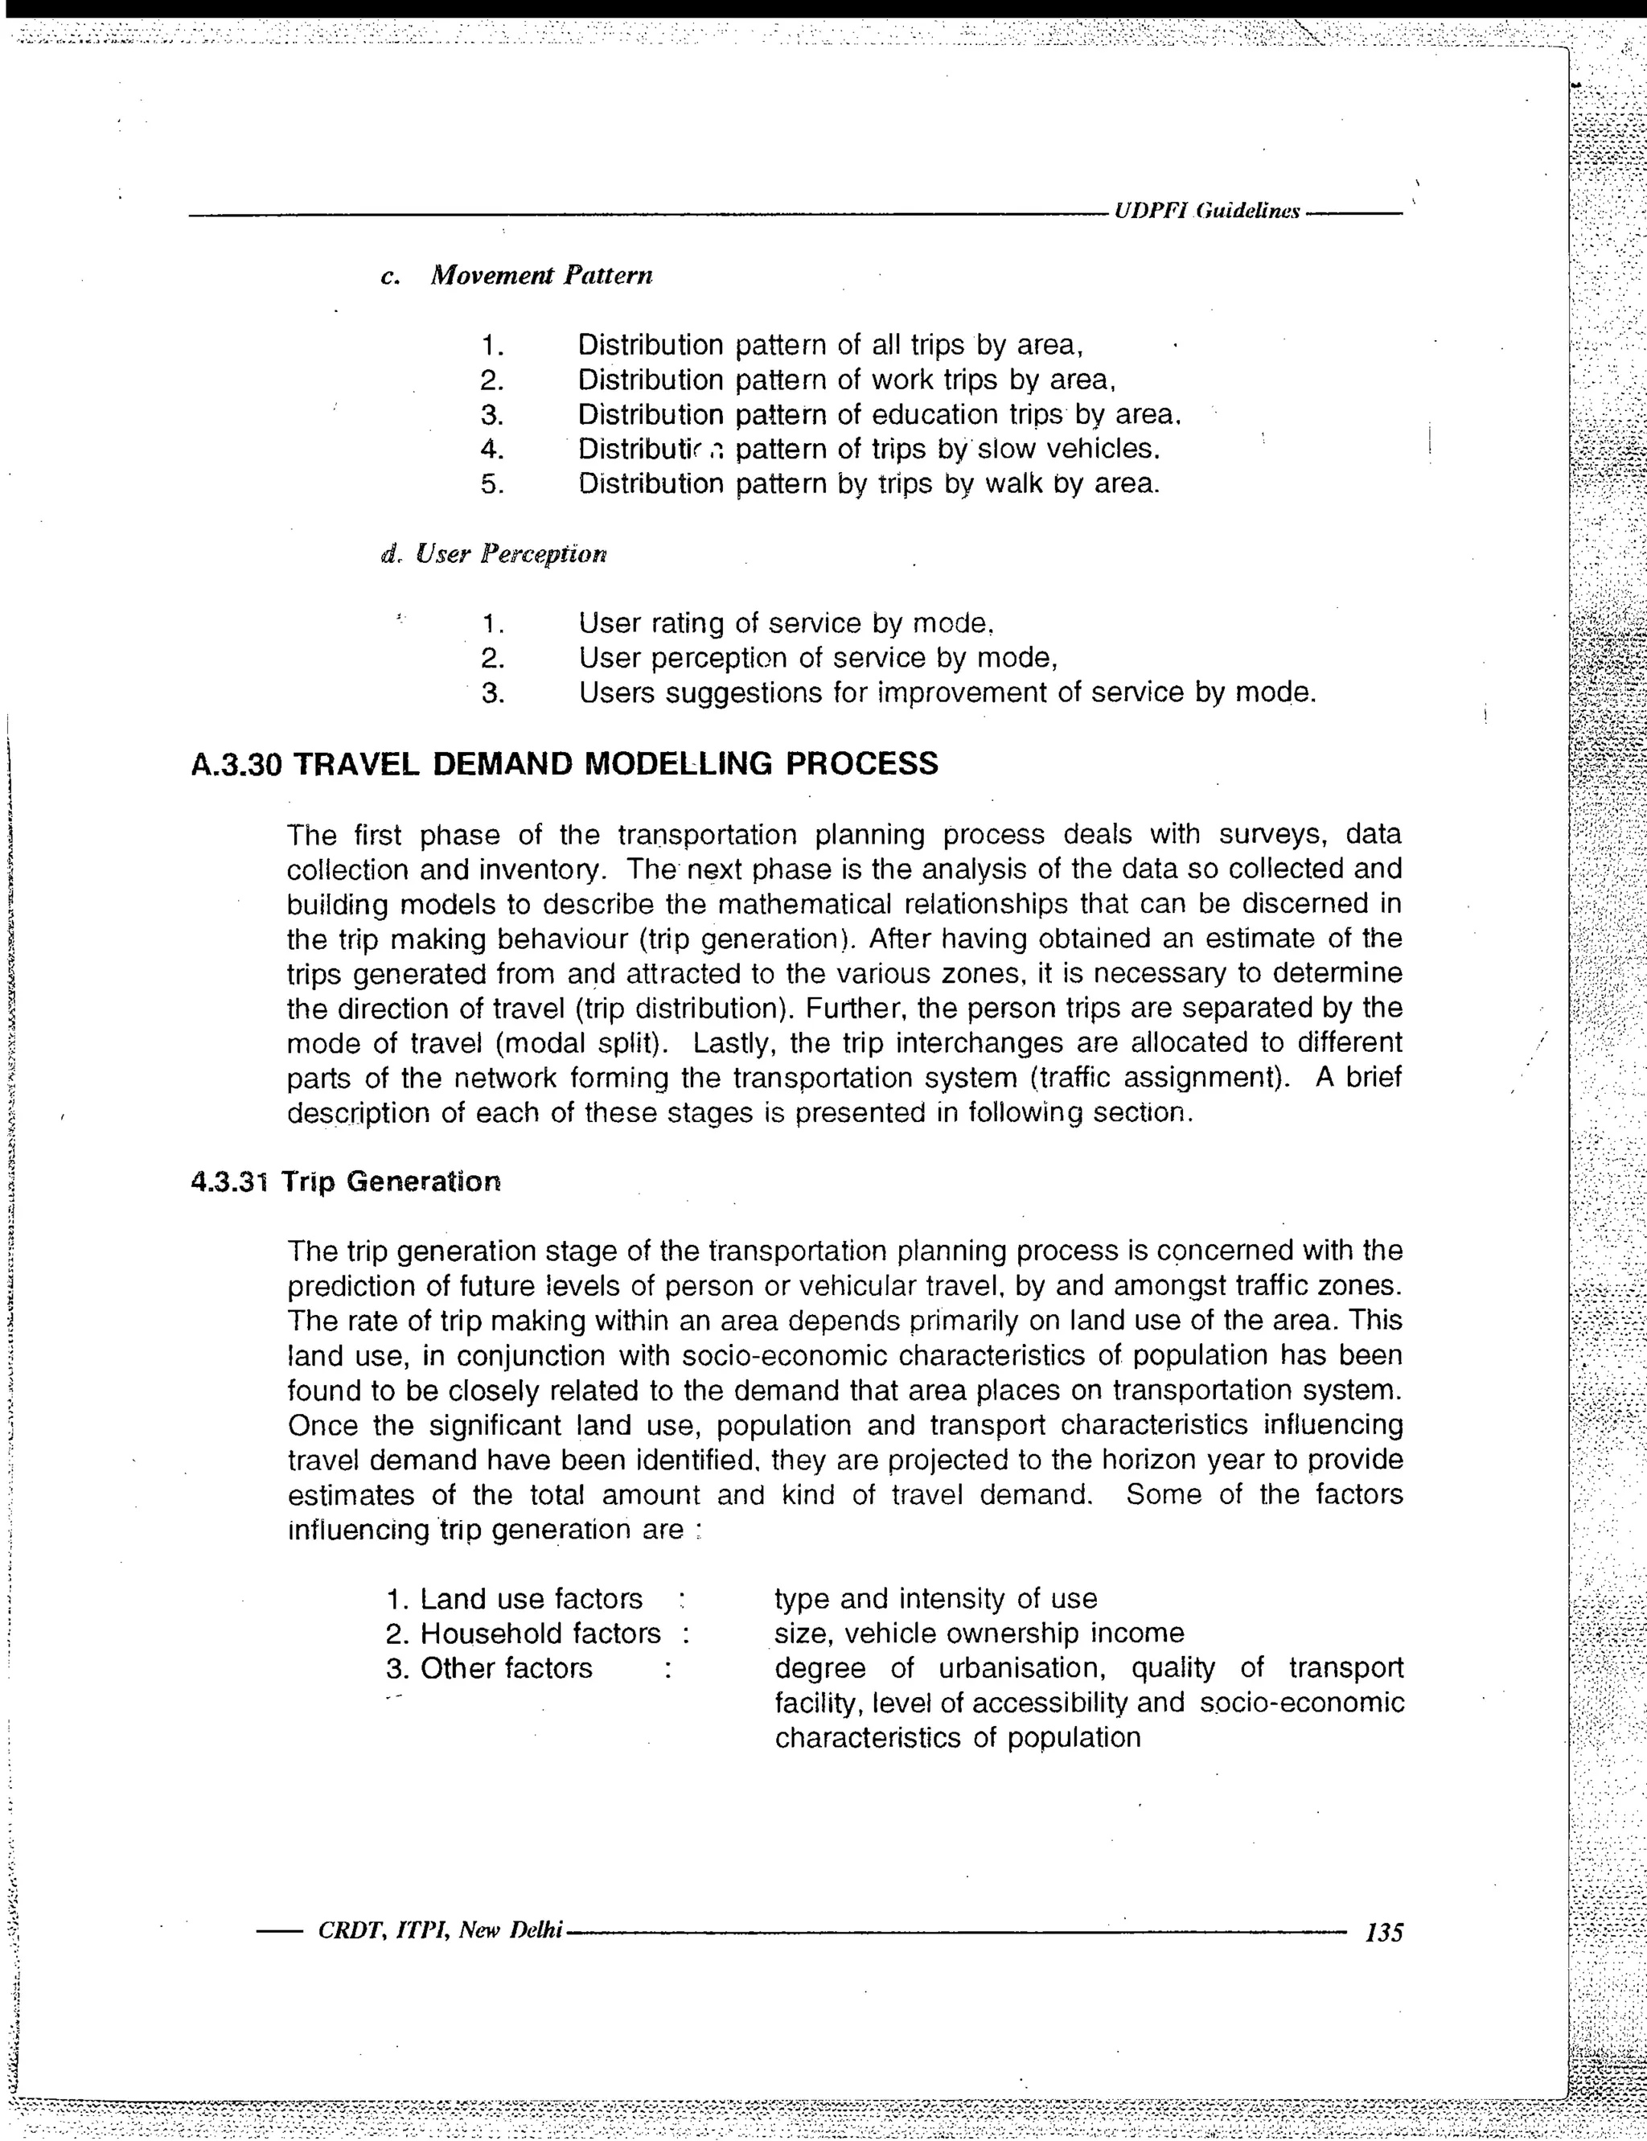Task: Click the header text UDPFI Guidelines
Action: [1207, 211]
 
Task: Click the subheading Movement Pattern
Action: [541, 276]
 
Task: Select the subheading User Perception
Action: [511, 555]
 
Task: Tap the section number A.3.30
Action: [237, 763]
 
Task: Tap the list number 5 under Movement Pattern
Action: [492, 484]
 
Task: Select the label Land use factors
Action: [531, 1599]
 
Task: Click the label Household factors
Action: [540, 1633]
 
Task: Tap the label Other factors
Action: [506, 1667]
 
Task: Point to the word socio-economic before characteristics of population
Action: [1302, 1703]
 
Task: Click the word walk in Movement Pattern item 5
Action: [1013, 484]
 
